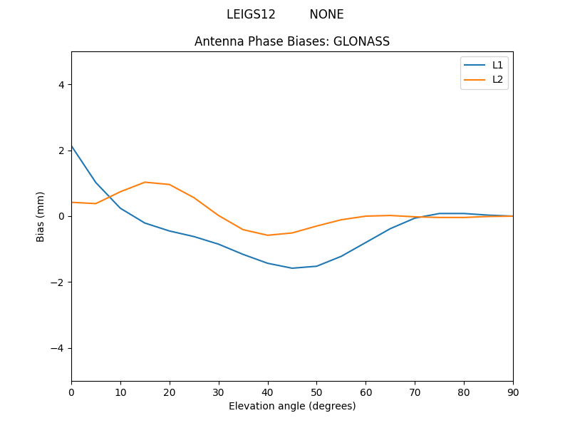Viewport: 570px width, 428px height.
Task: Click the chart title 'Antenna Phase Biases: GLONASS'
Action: pyautogui.click(x=292, y=41)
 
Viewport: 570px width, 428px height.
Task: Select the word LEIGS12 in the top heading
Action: pyautogui.click(x=251, y=14)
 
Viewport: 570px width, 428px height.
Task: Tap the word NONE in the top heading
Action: pyautogui.click(x=326, y=14)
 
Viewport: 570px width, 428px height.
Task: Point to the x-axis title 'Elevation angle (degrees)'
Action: pyautogui.click(x=292, y=406)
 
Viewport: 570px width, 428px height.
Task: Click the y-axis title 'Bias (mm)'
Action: pyautogui.click(x=41, y=216)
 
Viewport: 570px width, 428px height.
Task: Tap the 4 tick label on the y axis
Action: pyautogui.click(x=61, y=84)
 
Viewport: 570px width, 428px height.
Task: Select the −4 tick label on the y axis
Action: pyautogui.click(x=58, y=348)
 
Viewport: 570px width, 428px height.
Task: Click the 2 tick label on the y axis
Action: pyautogui.click(x=61, y=151)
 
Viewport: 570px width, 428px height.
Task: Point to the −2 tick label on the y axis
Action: pyautogui.click(x=58, y=282)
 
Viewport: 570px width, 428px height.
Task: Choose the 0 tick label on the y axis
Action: pyautogui.click(x=61, y=216)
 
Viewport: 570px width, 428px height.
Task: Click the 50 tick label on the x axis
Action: pyautogui.click(x=316, y=392)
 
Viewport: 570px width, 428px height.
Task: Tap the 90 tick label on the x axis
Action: pyautogui.click(x=513, y=392)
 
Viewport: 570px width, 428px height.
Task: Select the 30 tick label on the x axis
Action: pyautogui.click(x=219, y=392)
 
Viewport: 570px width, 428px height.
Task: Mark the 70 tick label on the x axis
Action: pyautogui.click(x=415, y=392)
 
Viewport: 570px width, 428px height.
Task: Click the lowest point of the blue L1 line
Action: pyautogui.click(x=292, y=268)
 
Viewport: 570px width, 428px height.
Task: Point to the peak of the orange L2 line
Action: pyautogui.click(x=145, y=182)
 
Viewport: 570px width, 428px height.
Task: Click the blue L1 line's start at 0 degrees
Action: pyautogui.click(x=71, y=146)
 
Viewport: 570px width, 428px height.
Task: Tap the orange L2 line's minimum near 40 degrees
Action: pyautogui.click(x=268, y=235)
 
